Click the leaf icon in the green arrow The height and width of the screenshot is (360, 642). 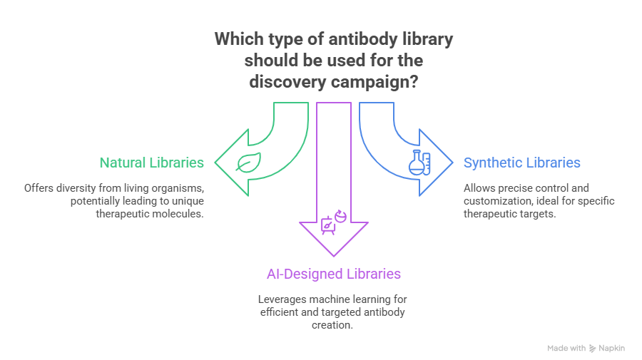pos(248,163)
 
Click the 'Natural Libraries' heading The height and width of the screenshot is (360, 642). pos(151,163)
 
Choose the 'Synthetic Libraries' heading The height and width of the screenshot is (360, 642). pos(521,163)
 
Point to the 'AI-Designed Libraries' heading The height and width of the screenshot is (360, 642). pos(334,274)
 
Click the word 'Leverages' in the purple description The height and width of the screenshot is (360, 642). pos(283,299)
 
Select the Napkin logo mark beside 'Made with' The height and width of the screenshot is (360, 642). pos(593,348)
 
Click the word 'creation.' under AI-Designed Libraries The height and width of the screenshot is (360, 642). pos(333,325)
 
